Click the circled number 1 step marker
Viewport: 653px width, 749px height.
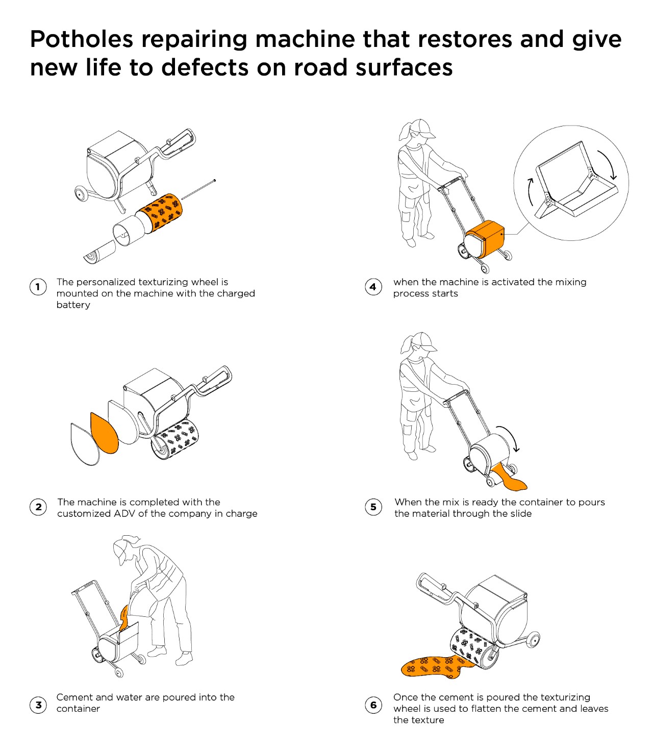(x=38, y=287)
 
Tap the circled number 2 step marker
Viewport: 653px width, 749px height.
(x=38, y=507)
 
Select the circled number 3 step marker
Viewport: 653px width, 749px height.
(x=38, y=705)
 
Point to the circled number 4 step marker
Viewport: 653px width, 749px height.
(x=373, y=287)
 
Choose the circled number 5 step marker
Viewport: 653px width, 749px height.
(x=373, y=507)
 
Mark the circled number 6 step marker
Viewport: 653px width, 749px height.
(x=373, y=705)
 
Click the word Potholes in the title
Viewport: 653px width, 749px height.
(x=82, y=39)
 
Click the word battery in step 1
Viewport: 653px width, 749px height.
(x=73, y=305)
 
